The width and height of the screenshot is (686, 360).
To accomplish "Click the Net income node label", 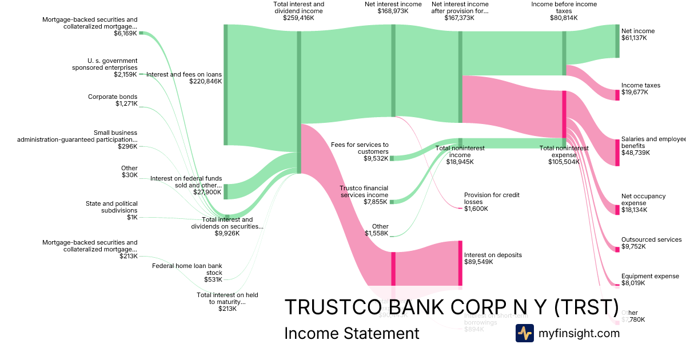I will point(638,31).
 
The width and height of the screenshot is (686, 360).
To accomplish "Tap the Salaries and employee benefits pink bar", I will point(617,152).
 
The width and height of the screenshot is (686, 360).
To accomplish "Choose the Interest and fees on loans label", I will point(184,74).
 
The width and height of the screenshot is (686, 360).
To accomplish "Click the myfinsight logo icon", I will point(524,333).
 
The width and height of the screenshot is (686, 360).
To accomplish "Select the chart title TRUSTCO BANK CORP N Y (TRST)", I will point(451,307).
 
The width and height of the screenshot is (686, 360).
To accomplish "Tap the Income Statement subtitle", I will point(352,334).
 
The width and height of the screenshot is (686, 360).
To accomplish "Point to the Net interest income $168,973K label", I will point(393,7).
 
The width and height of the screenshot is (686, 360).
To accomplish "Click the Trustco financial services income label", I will point(364,191).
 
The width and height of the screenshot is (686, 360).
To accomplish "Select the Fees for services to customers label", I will point(360,148).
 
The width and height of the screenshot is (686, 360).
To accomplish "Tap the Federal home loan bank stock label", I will point(187,269).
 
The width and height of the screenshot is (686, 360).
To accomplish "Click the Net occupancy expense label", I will point(643,199).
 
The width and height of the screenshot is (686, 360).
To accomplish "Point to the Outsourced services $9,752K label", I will point(651,243).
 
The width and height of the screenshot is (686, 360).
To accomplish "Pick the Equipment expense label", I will point(650,277).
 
